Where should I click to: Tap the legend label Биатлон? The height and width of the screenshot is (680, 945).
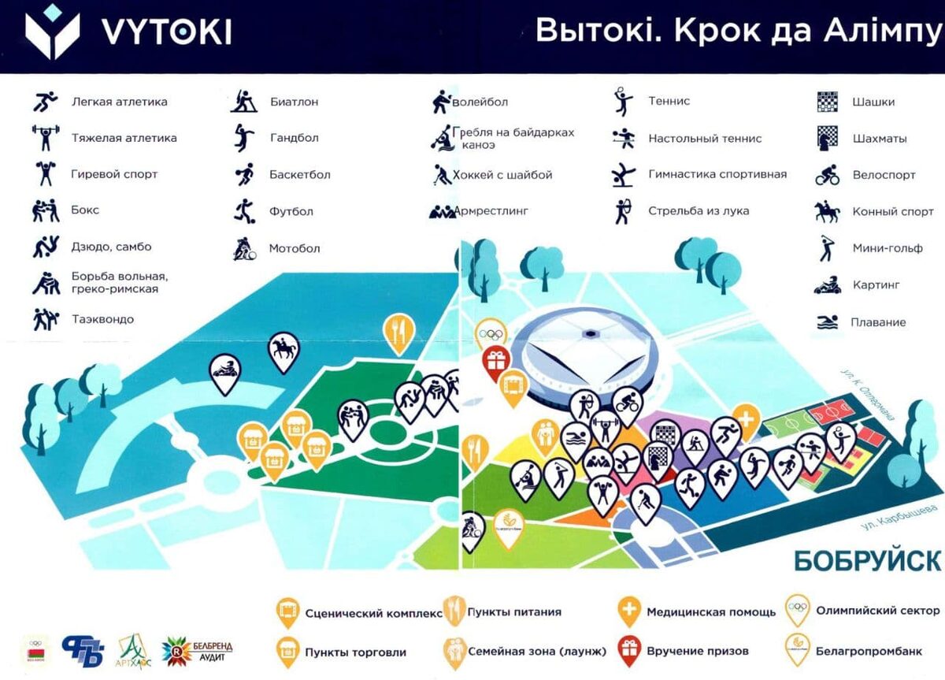[294, 102]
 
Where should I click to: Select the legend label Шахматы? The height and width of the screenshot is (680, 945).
[880, 139]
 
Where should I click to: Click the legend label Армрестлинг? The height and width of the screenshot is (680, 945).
[491, 211]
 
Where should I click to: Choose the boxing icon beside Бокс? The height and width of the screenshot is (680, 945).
[45, 210]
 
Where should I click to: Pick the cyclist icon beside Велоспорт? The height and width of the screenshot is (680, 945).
[828, 174]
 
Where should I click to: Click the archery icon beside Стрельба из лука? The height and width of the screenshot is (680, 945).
[623, 210]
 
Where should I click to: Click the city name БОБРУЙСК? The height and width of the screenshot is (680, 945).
[867, 561]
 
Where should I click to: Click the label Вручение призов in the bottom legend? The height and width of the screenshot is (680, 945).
[698, 651]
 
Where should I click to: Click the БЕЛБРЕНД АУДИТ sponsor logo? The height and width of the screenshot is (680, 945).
[198, 650]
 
